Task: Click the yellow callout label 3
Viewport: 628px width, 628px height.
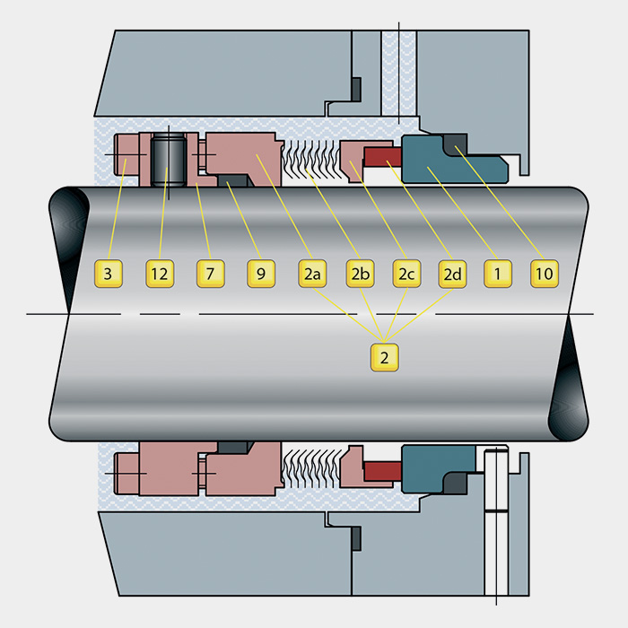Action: coord(109,274)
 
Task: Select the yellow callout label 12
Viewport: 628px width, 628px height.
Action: coord(160,274)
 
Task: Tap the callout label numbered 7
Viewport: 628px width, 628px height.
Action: coord(211,274)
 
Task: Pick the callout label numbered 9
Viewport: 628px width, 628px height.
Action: coord(261,274)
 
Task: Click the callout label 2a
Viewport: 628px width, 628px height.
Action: coord(312,274)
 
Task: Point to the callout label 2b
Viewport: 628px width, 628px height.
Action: coord(360,274)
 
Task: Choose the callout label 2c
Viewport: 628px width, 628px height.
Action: coord(407,274)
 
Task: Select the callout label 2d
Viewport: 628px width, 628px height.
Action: coord(452,274)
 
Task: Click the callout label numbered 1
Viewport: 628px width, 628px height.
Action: coord(498,274)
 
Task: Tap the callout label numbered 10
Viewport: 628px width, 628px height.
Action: coord(545,274)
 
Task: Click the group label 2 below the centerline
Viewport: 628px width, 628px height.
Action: coord(385,357)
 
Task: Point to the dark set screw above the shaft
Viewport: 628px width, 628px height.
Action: coord(169,160)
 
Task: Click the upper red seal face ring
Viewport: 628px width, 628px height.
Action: coord(382,157)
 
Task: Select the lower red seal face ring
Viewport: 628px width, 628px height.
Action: coord(382,471)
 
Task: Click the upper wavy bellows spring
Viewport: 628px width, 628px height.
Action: coord(311,159)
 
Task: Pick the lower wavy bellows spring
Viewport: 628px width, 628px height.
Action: coord(311,468)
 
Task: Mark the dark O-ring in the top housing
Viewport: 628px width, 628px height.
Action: coord(356,90)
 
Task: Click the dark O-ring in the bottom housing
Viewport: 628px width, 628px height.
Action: coord(356,538)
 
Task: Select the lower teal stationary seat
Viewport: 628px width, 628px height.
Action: coord(437,468)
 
